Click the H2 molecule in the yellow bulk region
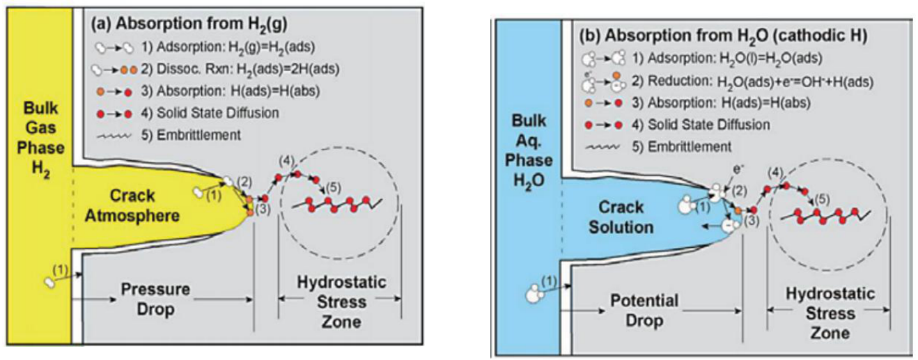pyautogui.click(x=51, y=282)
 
